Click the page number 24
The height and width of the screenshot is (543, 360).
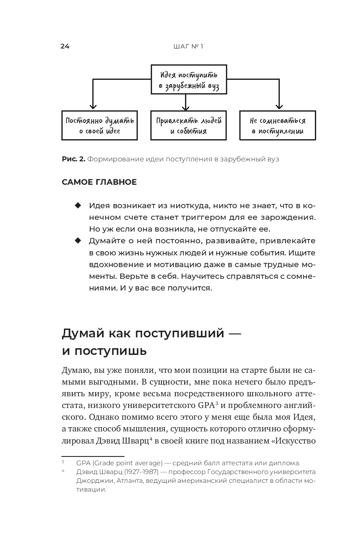(x=65, y=46)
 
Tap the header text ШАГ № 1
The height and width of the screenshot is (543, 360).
(x=188, y=46)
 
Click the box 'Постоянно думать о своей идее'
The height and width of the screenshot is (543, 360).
(x=99, y=125)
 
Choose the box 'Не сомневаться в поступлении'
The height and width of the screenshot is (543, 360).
(x=277, y=125)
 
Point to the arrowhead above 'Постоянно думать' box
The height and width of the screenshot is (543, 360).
(x=94, y=107)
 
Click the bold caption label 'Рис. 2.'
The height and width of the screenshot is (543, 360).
(x=74, y=159)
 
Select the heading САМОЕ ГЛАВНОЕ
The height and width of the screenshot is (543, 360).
(x=99, y=182)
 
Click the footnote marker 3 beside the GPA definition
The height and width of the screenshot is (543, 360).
(x=63, y=462)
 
